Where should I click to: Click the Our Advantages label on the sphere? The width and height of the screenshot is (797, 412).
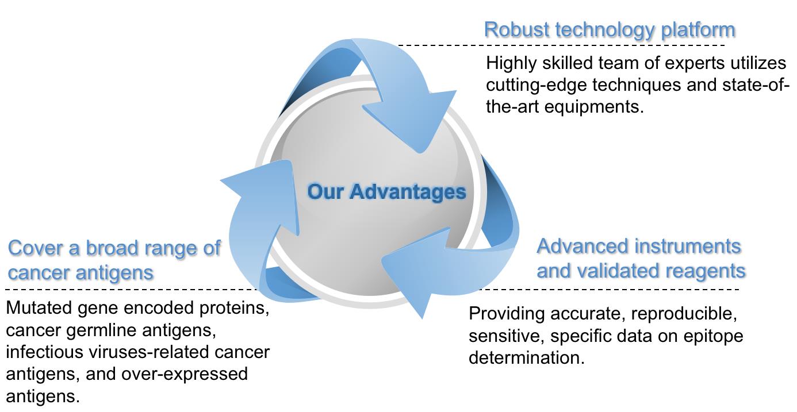pyautogui.click(x=386, y=191)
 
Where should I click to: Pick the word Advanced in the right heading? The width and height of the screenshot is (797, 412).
pyautogui.click(x=581, y=247)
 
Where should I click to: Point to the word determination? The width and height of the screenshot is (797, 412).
pyautogui.click(x=526, y=358)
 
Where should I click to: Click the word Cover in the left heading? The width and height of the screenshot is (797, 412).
pyautogui.click(x=33, y=248)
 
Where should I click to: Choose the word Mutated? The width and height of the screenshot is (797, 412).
pyautogui.click(x=39, y=309)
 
